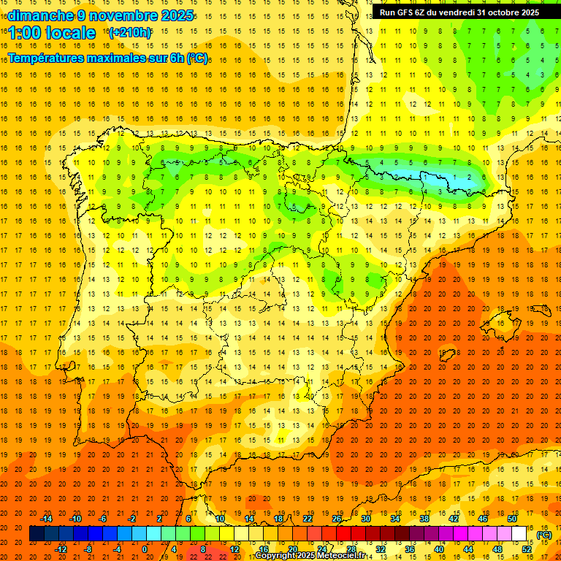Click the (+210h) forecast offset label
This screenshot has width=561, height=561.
(x=129, y=33)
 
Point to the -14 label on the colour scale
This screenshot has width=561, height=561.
(x=46, y=519)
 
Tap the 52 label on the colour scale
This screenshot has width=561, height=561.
(x=527, y=549)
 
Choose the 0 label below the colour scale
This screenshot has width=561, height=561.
(x=145, y=549)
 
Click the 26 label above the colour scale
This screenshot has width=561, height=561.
(x=337, y=519)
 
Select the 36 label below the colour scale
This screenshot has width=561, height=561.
(x=410, y=549)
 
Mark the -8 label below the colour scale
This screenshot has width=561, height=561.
(x=88, y=549)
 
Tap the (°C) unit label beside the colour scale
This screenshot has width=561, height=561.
(x=544, y=535)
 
